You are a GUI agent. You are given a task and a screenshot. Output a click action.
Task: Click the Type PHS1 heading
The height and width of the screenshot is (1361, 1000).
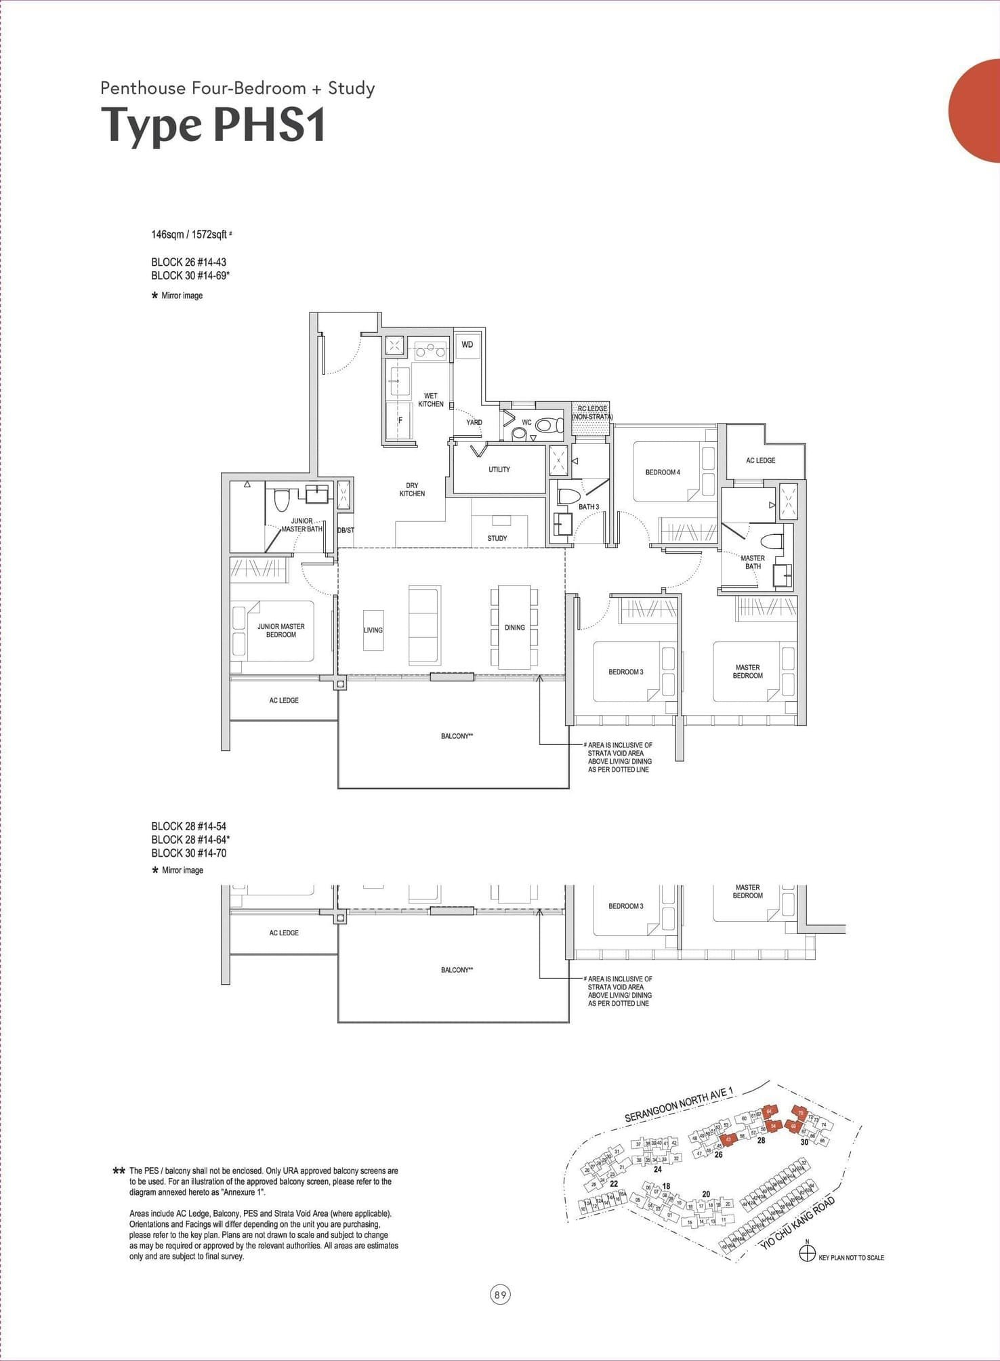(x=213, y=125)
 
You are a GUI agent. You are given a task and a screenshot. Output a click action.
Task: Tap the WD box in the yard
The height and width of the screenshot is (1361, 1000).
(x=467, y=344)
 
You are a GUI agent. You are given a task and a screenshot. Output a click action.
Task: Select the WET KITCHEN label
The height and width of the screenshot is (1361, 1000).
(x=430, y=400)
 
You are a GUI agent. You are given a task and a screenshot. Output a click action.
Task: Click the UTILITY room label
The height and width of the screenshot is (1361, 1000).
(x=499, y=469)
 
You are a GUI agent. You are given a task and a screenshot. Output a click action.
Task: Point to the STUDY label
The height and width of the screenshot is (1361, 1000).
(x=497, y=538)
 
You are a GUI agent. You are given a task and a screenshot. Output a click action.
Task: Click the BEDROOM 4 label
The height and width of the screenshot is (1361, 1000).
(x=662, y=472)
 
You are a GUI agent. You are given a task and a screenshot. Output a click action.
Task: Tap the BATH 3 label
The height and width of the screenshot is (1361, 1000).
(x=589, y=507)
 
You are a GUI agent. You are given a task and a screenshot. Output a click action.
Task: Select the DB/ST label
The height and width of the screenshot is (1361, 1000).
(x=346, y=530)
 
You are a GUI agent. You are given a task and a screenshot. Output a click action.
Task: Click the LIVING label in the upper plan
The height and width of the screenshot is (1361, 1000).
(x=373, y=630)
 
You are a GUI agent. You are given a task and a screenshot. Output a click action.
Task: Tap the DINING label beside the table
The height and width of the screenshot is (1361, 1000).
(x=514, y=628)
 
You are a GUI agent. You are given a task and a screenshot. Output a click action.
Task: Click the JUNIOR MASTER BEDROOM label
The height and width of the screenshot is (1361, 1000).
(x=280, y=631)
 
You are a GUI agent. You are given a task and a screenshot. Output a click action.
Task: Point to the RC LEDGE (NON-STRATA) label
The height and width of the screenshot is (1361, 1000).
(x=592, y=413)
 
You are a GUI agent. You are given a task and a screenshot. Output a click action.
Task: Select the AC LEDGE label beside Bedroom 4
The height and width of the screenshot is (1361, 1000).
(x=760, y=460)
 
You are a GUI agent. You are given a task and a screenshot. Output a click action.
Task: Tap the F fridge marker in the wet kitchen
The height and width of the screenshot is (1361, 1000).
(x=400, y=420)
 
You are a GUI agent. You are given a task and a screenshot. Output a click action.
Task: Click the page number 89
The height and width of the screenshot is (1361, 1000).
(x=500, y=1295)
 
